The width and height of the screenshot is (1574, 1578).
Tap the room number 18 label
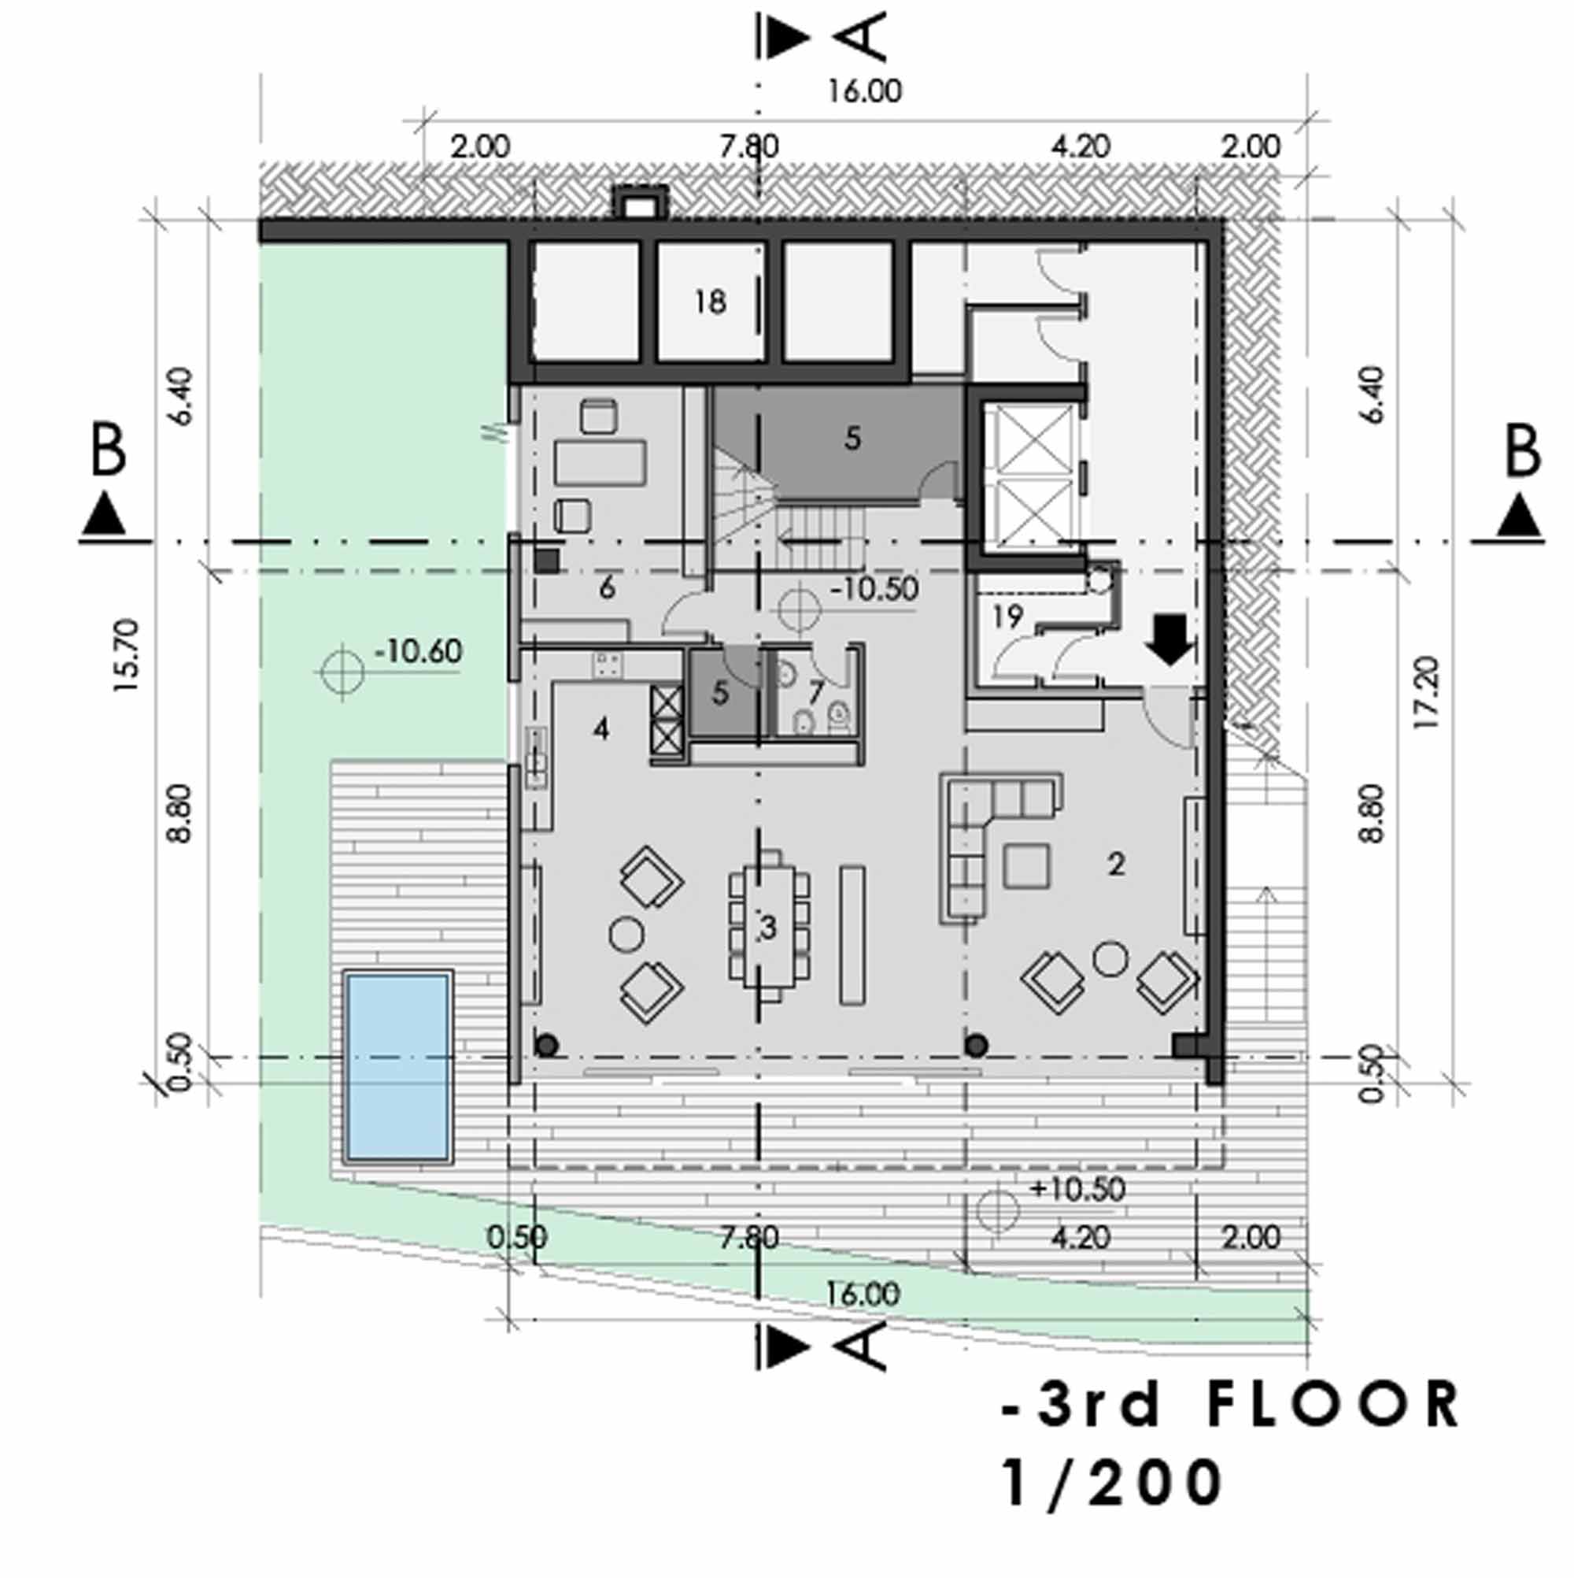click(709, 302)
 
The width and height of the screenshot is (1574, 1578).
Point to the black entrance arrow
click(1171, 640)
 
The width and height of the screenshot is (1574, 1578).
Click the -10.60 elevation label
click(418, 652)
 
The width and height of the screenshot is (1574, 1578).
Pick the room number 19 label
click(1007, 616)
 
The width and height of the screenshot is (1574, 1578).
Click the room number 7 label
click(815, 693)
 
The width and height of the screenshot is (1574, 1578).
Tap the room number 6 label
click(607, 587)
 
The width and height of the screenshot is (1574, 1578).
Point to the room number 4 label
click(600, 728)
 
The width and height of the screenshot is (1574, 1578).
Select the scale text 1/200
click(1112, 1484)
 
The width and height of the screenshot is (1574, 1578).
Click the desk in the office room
click(600, 463)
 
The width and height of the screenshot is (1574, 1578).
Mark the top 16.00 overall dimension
click(865, 91)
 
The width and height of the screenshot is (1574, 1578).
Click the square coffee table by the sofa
click(1027, 866)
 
